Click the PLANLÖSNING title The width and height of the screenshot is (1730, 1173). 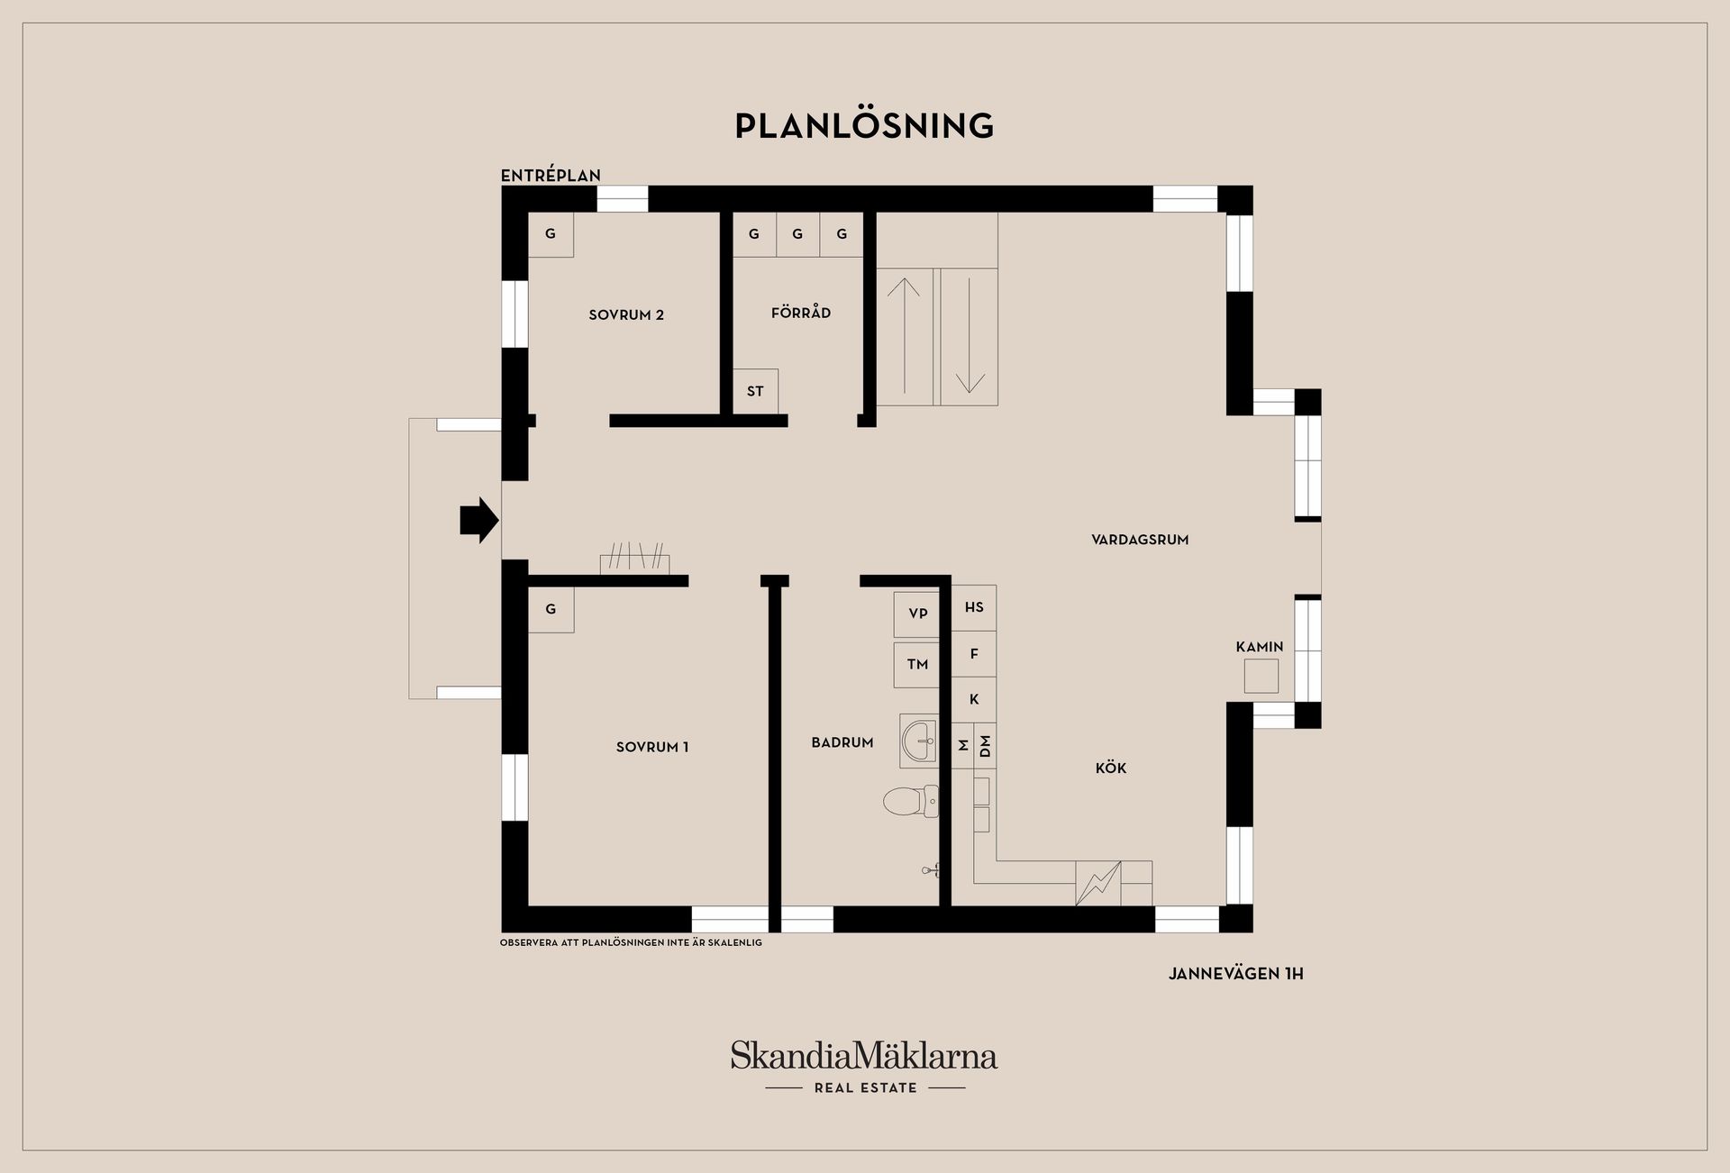864,126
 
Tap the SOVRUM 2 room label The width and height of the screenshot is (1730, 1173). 626,315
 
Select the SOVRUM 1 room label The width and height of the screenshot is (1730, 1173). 652,747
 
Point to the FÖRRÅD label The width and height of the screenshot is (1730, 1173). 801,313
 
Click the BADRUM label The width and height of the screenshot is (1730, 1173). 842,742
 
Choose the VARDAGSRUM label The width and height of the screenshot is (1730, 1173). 1140,540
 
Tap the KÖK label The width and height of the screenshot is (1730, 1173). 1111,768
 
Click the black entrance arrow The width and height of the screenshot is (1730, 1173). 479,520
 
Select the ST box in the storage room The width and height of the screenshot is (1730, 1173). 755,391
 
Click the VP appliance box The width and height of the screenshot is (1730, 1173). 917,614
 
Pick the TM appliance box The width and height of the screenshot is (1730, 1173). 917,665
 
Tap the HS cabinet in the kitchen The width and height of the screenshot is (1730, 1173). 974,607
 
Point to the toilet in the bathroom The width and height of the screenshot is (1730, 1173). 911,801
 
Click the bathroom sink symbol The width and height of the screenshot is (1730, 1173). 919,741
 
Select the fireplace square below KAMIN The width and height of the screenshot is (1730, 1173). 1261,676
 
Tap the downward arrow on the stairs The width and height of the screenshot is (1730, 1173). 970,335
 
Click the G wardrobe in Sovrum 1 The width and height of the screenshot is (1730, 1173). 551,610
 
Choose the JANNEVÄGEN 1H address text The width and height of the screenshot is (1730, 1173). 1235,974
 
